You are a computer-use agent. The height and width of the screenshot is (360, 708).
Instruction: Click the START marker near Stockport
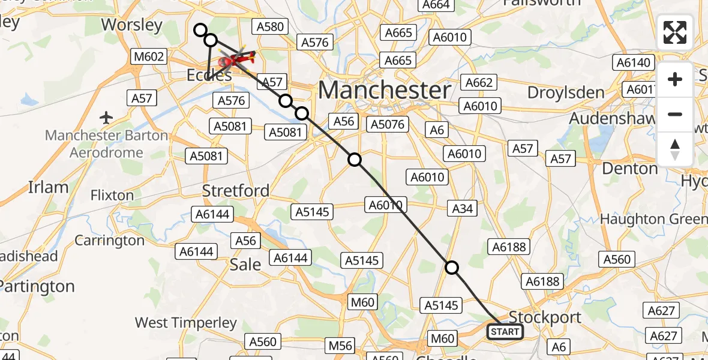[505, 332]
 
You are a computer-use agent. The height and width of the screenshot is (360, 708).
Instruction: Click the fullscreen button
[675, 32]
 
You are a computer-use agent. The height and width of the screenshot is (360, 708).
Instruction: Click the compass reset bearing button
[675, 149]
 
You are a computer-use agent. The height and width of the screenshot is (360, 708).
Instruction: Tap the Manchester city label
[385, 90]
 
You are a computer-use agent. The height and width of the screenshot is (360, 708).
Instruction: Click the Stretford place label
[236, 191]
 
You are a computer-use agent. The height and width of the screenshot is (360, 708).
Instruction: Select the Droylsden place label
[566, 92]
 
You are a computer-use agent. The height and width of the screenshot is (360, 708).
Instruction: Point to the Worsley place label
[132, 25]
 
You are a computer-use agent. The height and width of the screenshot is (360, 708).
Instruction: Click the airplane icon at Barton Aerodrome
[106, 117]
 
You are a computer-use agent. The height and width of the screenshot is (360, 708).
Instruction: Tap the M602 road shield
[149, 57]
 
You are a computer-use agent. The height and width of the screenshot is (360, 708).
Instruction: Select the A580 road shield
[271, 26]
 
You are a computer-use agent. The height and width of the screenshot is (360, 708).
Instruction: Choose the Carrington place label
[110, 241]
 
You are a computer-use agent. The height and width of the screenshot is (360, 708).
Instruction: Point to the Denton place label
[629, 169]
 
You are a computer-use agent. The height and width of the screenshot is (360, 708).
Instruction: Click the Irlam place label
[48, 187]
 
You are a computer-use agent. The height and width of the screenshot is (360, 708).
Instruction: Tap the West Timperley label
[185, 323]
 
